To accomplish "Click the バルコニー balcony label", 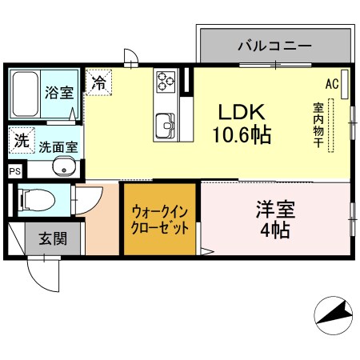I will (274, 46).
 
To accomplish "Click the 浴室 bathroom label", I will (55, 91).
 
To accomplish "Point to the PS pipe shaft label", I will (14, 170).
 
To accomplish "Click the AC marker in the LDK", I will (332, 83).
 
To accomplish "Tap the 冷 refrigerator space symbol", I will (99, 82).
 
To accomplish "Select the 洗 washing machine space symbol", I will (21, 140).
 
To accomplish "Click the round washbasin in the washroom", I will (64, 168).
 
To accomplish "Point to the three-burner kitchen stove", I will (166, 81).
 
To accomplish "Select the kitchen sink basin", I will (166, 125).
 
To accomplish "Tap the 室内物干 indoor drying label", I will (318, 125).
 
